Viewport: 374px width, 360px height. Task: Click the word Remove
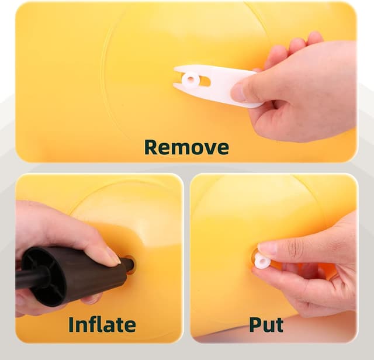(x=186, y=147)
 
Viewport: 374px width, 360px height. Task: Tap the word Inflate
(x=102, y=324)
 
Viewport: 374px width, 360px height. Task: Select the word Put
(x=266, y=325)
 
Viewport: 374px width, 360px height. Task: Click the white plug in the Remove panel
(x=191, y=79)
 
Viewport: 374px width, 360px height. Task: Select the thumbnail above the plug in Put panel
(x=267, y=248)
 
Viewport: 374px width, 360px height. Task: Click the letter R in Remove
(x=151, y=147)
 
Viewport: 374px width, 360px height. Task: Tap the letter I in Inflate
(x=71, y=324)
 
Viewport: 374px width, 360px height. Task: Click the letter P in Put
(x=255, y=324)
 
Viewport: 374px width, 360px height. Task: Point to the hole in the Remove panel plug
(x=191, y=78)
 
